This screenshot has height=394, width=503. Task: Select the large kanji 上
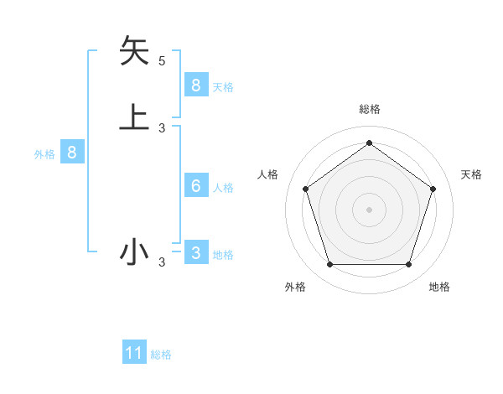pos(134,117)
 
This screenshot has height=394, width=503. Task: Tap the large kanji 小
pos(134,251)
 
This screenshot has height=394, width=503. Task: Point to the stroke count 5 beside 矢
pos(162,60)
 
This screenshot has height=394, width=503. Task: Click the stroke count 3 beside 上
pos(162,127)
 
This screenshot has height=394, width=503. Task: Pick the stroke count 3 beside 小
pos(162,262)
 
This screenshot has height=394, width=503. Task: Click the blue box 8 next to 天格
pos(195,85)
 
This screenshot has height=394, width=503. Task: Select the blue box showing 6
pos(195,185)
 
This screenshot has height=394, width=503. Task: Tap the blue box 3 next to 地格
pos(195,252)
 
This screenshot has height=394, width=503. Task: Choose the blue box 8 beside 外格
pos(72,153)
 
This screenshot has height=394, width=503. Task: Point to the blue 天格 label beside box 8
pos(223,87)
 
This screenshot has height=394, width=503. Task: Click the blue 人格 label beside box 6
pos(223,188)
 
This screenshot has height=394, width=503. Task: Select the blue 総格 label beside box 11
pos(161,355)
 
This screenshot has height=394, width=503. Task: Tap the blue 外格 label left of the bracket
pos(44,155)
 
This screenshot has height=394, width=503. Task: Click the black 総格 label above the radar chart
pos(369,109)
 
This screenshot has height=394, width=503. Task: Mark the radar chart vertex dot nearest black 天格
pos(433,189)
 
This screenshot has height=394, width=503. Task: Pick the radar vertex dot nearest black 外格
pos(329,265)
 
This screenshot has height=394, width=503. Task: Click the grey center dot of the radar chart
pos(369,209)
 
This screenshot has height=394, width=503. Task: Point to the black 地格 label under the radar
pos(439,288)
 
